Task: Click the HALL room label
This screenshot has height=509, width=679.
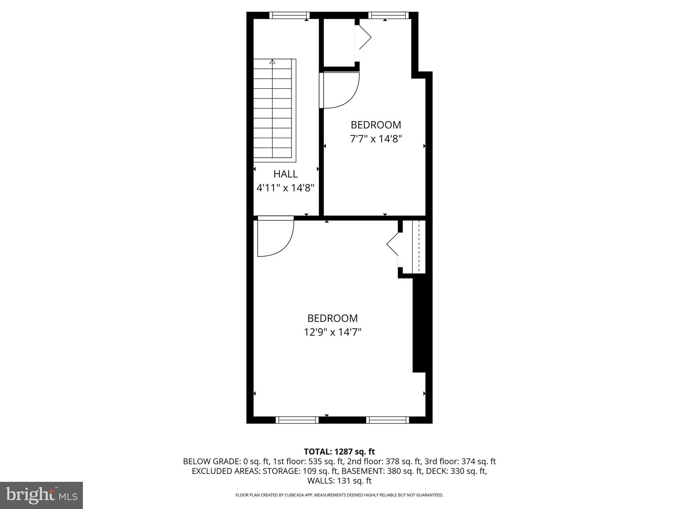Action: [285, 174]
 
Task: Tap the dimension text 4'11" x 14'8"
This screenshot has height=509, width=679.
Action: [285, 188]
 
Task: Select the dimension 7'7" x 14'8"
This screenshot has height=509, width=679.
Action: [376, 139]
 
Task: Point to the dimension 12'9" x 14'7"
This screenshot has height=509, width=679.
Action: [333, 332]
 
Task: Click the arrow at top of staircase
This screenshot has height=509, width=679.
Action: [273, 62]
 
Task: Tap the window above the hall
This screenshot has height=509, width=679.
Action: [289, 15]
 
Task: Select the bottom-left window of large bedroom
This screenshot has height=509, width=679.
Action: [297, 420]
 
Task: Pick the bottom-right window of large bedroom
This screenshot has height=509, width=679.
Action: [388, 420]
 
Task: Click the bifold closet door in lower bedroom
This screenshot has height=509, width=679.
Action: [393, 245]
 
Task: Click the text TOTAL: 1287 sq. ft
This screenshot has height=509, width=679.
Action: [339, 452]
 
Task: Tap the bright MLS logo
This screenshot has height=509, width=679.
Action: [41, 495]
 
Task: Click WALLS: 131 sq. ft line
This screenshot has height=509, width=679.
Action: [339, 481]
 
